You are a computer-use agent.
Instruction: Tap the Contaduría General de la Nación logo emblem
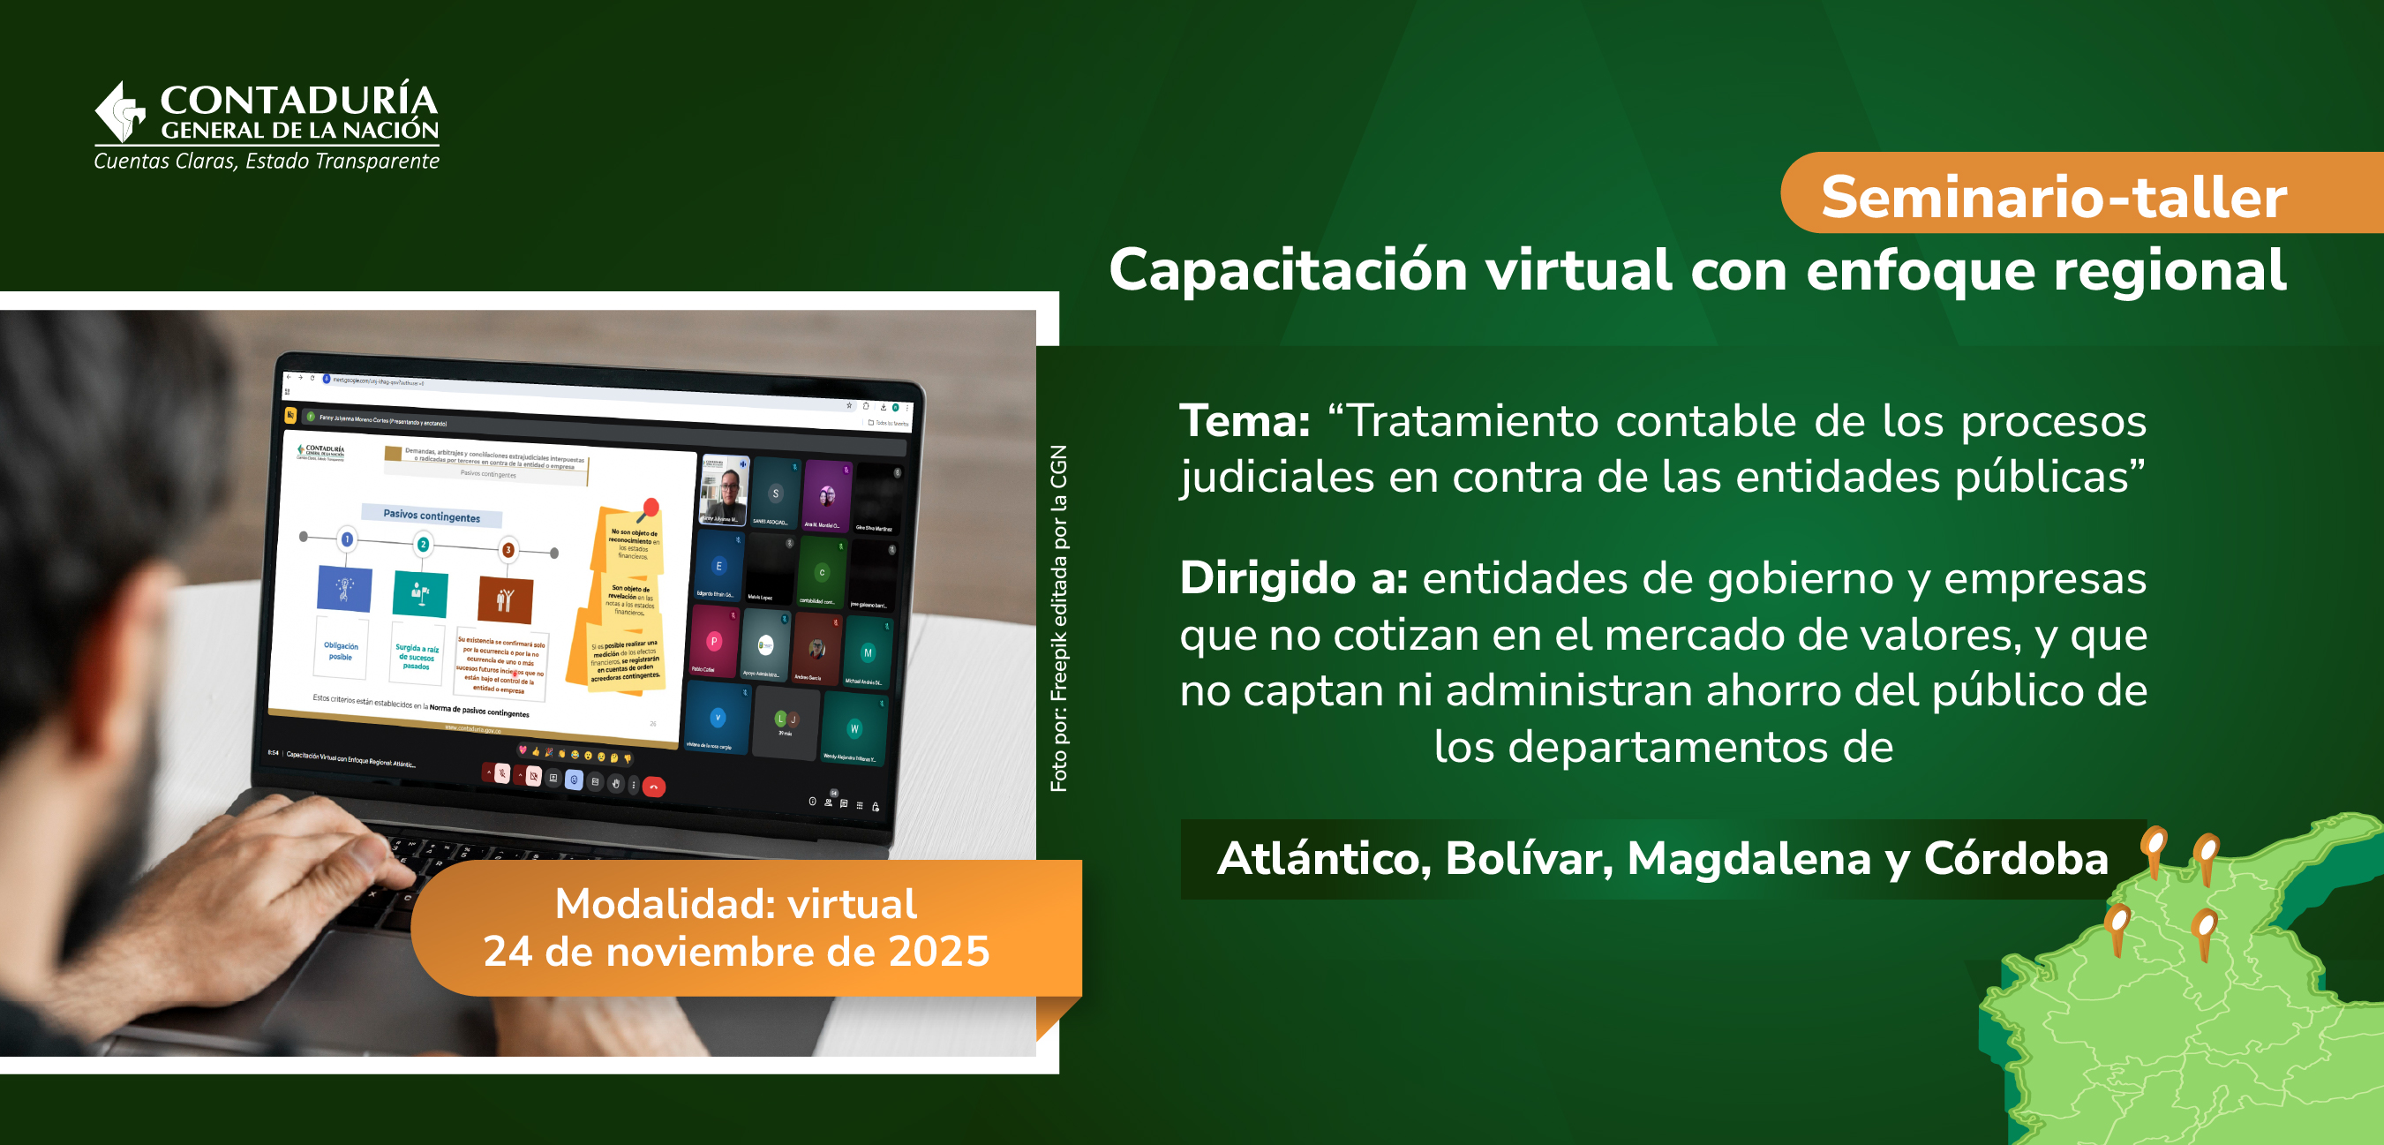tap(120, 113)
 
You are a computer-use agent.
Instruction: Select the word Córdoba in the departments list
tap(2016, 858)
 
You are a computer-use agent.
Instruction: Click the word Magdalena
tap(1749, 858)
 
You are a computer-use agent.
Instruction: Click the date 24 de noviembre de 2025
tap(737, 952)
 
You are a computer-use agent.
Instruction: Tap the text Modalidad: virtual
tap(737, 903)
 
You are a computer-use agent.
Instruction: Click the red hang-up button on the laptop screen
tap(653, 787)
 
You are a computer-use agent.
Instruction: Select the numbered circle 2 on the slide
tap(423, 545)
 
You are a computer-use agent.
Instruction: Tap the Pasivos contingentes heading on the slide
tap(432, 516)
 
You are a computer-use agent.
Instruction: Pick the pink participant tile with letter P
tap(714, 641)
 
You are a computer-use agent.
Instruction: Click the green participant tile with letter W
tap(854, 728)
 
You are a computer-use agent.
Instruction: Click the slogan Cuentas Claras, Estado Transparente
tap(267, 161)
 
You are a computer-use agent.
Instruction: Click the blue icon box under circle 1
tap(344, 589)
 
